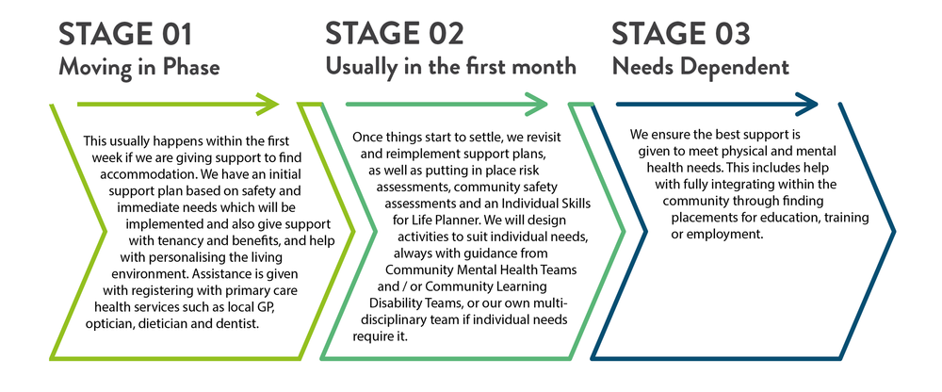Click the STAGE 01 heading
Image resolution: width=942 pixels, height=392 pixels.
(125, 34)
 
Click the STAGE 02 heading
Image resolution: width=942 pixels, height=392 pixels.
(395, 34)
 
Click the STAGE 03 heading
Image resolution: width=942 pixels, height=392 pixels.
(681, 34)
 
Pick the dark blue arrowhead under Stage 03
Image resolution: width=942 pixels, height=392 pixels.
(806, 104)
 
